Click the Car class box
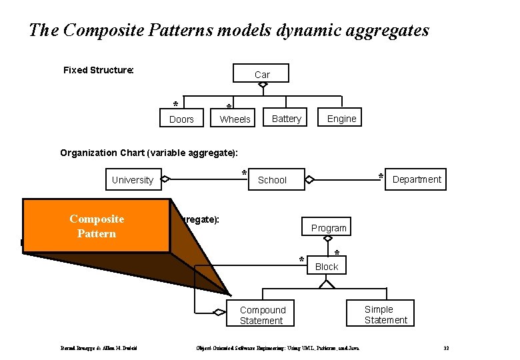[261, 73]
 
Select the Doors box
[181, 119]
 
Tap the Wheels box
[235, 119]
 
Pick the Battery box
[287, 119]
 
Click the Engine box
[341, 119]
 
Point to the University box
[132, 179]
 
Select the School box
[272, 179]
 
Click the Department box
[416, 179]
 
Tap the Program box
[329, 227]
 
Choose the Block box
[326, 266]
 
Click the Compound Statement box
[262, 315]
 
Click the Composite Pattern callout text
[97, 226]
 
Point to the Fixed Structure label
[99, 70]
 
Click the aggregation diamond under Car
[263, 85]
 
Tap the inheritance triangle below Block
[326, 284]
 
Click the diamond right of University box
[166, 179]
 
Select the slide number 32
[446, 348]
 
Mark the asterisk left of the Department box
[381, 176]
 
